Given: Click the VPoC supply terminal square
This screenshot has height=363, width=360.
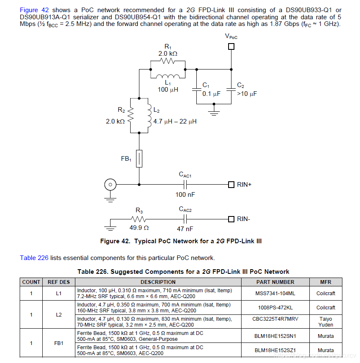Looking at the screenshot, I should click(231, 46).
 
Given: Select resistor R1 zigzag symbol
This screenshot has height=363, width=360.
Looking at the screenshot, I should click(168, 62).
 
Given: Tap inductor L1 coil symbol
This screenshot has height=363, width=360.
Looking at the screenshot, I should click(168, 76).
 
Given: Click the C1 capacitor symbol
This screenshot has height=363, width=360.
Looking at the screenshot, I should click(196, 89).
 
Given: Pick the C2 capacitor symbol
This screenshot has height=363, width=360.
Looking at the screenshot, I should click(231, 89).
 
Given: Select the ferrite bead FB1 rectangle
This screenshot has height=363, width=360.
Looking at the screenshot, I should click(139, 159).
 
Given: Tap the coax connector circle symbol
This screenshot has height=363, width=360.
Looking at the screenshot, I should click(110, 184).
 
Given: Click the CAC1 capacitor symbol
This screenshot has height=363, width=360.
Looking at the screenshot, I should click(185, 184).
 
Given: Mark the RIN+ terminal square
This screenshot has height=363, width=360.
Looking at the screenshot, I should click(231, 184).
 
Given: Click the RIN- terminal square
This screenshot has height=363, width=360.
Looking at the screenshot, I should click(231, 219).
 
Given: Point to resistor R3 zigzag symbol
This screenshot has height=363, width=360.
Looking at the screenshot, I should click(139, 219).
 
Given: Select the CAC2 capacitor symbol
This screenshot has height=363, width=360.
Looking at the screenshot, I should click(185, 219).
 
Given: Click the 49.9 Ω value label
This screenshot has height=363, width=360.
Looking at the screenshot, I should click(139, 229).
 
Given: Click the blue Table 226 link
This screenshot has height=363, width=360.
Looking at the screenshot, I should click(34, 257).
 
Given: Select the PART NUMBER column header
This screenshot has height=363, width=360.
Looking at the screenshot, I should click(275, 282).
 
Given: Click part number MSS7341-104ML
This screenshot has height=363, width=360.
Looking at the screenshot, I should click(275, 293).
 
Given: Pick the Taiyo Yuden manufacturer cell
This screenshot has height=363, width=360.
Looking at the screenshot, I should click(326, 322).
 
